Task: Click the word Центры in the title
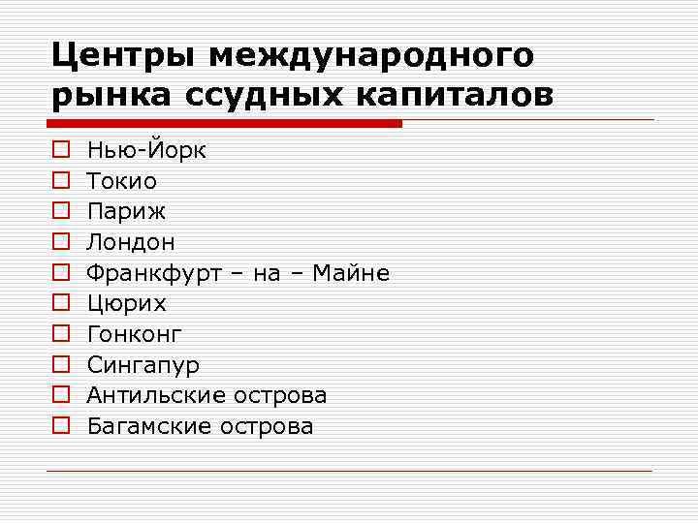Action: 123,56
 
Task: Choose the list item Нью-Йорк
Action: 146,150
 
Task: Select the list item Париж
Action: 126,212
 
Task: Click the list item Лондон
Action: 131,242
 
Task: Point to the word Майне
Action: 355,273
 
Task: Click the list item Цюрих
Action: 126,304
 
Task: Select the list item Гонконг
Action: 135,334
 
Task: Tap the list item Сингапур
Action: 143,366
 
